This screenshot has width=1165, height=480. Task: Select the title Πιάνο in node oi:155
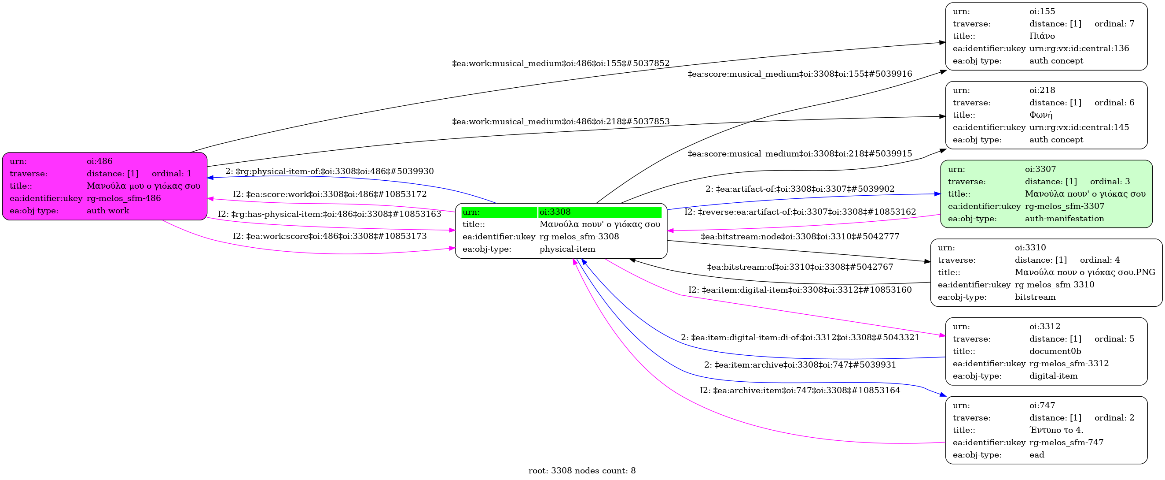tap(1042, 36)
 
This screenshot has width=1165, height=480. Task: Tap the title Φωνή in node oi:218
tap(1040, 115)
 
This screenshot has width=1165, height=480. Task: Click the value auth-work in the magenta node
tap(108, 211)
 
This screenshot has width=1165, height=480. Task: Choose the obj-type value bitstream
tap(1035, 297)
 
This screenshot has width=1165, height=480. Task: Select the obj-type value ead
tap(1036, 454)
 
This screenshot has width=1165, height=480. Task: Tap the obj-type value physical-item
tap(567, 249)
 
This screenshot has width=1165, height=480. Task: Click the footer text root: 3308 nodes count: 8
tap(582, 470)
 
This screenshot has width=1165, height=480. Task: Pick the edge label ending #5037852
tap(561, 63)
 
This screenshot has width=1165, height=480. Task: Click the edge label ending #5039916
tap(800, 74)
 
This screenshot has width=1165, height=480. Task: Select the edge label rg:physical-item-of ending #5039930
tap(329, 171)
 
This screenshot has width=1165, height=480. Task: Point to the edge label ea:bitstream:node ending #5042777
tap(800, 236)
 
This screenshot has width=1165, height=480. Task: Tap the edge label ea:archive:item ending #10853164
tap(800, 391)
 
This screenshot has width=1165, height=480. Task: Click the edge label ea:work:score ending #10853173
tap(330, 236)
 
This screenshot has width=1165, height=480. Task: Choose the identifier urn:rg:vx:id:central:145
tap(1079, 127)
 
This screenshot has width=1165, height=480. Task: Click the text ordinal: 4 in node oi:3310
tap(1100, 260)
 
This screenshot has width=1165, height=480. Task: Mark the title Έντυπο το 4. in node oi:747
tap(1056, 430)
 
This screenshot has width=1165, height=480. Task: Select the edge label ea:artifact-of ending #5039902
tap(800, 189)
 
